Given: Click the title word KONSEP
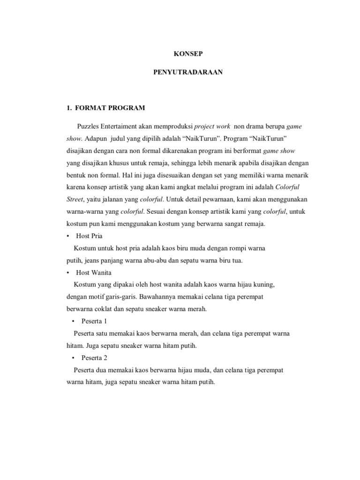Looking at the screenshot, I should click(180, 54).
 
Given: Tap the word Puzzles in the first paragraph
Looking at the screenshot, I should click(89, 127).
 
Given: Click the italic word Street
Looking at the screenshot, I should click(75, 200).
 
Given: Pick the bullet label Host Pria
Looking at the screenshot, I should click(89, 236).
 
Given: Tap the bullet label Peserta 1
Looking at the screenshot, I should click(94, 322).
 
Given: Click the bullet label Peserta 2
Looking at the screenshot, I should click(94, 358).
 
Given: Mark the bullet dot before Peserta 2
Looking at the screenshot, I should click(74, 358).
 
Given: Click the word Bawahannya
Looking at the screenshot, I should click(160, 297).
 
